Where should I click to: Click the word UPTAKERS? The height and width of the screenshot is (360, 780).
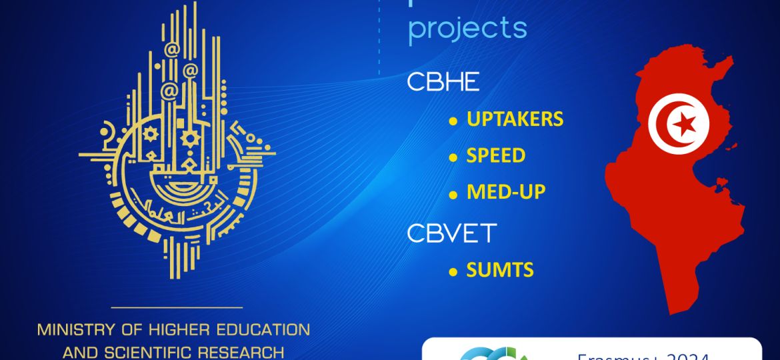tap(515, 119)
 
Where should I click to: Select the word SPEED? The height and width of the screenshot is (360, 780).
tap(495, 156)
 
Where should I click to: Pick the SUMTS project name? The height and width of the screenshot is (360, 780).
tap(499, 270)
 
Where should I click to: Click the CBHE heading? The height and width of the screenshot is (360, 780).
tap(443, 82)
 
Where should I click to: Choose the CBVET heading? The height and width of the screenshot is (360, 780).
tap(452, 233)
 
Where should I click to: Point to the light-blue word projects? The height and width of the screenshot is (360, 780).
tap(467, 29)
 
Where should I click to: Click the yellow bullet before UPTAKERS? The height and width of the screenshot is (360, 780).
tap(453, 121)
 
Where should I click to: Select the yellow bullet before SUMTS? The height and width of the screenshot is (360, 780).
tap(453, 272)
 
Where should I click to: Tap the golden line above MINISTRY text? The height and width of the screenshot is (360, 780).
tap(176, 307)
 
